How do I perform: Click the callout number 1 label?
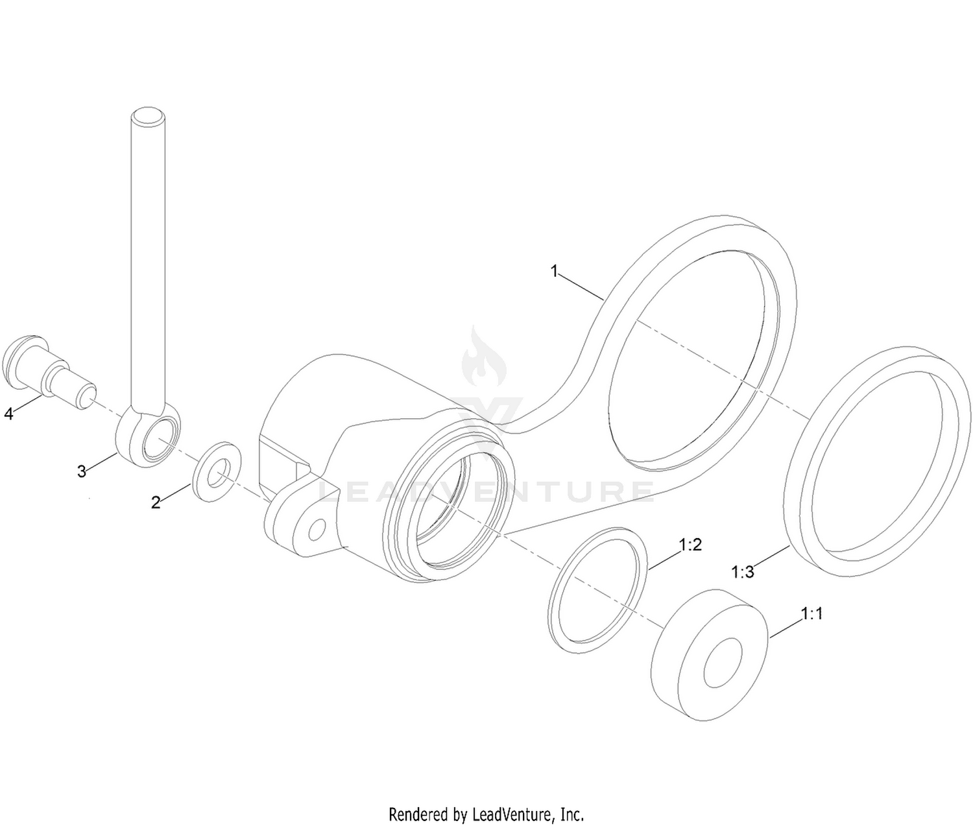point(554,272)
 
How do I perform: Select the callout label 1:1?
point(812,613)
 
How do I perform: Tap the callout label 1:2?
point(691,544)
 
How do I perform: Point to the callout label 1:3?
point(743,572)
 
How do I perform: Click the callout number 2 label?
point(156,503)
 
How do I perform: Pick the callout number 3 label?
point(82,471)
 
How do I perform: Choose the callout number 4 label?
point(9,414)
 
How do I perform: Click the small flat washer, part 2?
point(217,471)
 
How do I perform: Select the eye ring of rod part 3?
point(149,434)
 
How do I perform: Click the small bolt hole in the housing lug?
point(318,529)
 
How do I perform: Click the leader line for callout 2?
point(176,493)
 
